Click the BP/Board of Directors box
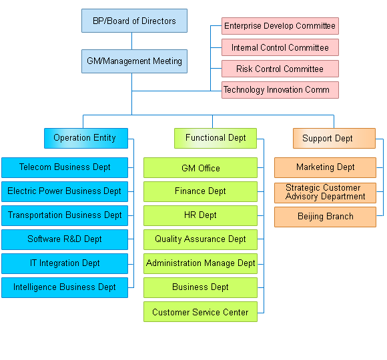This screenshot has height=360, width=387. click(x=134, y=21)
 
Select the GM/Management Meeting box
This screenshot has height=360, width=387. click(x=134, y=61)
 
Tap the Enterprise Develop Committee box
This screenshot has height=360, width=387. click(x=280, y=26)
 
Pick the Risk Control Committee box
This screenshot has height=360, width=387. click(x=280, y=69)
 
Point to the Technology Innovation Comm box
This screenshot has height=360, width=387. click(x=280, y=90)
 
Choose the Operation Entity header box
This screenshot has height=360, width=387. click(x=86, y=138)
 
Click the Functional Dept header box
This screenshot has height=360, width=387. click(x=216, y=138)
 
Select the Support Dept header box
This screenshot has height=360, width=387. click(x=334, y=138)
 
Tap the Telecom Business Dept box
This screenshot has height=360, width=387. click(x=65, y=167)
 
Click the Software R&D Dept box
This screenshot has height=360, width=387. click(x=65, y=239)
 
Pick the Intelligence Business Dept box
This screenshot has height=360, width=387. click(x=65, y=287)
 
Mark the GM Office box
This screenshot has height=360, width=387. click(x=200, y=167)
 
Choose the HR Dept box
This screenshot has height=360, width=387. click(x=200, y=215)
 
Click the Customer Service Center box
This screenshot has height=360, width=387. click(x=200, y=311)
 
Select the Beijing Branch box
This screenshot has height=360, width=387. click(x=326, y=217)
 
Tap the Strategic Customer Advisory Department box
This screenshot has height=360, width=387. click(x=326, y=193)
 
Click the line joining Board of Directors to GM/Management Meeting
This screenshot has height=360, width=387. click(x=132, y=41)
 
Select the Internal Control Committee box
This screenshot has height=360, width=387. click(x=280, y=47)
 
